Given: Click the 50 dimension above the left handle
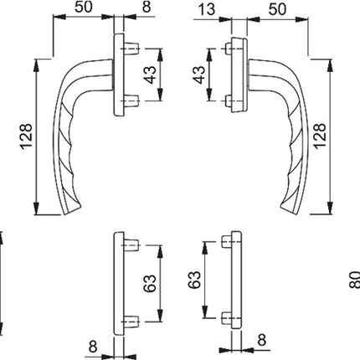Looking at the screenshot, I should click(83, 9).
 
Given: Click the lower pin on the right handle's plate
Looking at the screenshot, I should click(229, 104).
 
